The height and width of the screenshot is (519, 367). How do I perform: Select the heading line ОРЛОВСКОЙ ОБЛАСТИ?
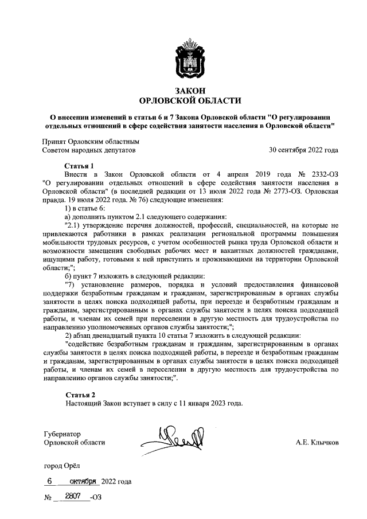190,101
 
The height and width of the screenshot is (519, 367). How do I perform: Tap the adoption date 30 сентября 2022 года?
303,151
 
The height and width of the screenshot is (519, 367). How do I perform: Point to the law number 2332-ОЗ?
323,174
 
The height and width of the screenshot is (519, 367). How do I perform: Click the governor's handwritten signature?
172,439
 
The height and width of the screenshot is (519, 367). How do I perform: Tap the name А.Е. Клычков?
317,443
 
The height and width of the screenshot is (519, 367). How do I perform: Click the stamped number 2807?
72,496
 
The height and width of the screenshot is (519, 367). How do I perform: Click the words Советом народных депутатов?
89,151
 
